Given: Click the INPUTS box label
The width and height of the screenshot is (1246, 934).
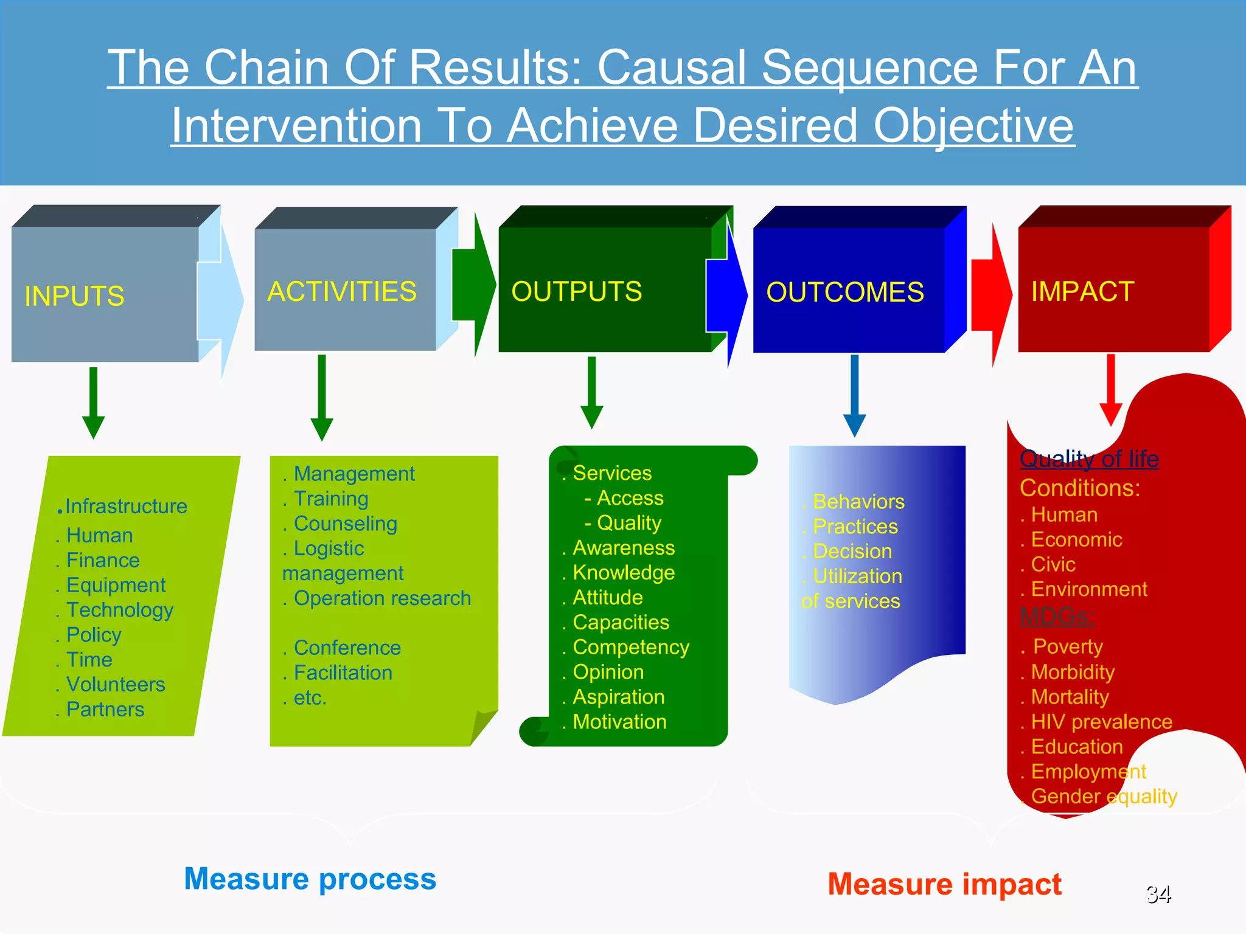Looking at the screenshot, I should (x=74, y=296).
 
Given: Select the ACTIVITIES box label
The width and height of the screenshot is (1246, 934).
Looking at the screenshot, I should (x=342, y=291).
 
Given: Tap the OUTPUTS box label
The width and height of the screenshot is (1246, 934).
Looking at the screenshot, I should (x=576, y=291).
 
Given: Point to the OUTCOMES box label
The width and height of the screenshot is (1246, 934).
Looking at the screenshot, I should (x=844, y=292).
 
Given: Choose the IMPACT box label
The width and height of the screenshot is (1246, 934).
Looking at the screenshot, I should (x=1082, y=291).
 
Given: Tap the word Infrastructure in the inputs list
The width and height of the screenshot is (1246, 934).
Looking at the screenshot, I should (x=126, y=506).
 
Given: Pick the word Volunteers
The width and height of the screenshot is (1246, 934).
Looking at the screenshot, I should (x=116, y=684).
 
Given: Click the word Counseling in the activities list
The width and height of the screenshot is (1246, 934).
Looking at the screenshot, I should (x=345, y=524).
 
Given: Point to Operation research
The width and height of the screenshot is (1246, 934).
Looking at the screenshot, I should (x=382, y=598).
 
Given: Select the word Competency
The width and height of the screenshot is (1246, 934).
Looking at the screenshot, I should (x=631, y=647).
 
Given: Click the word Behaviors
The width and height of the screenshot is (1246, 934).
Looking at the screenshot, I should (x=858, y=502).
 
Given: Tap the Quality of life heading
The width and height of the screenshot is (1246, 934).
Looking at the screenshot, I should (x=1089, y=458).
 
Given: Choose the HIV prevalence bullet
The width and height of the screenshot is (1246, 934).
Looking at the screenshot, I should (x=1101, y=722).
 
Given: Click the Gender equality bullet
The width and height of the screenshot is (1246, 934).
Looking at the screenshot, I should (x=1104, y=796).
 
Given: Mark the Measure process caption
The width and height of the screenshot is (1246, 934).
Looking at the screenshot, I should (x=310, y=879).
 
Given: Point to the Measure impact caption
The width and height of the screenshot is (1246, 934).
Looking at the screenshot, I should (x=944, y=884).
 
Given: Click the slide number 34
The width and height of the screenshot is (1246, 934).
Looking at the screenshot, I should (x=1158, y=894).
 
